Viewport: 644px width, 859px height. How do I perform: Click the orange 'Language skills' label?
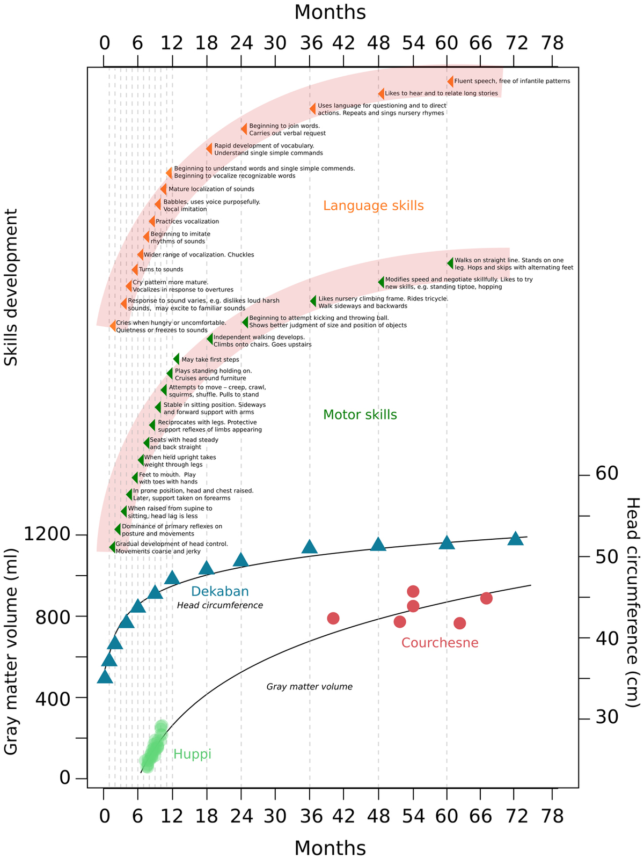coord(374,205)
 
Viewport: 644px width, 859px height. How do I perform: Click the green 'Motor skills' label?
coord(360,415)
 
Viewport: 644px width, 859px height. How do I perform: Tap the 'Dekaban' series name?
coord(220,592)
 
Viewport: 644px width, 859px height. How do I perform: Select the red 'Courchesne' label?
coord(440,643)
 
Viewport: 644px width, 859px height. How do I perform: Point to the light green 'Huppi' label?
coord(192,754)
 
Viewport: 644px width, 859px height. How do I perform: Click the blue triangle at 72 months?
coord(515,539)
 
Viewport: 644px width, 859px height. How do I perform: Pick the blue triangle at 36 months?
coord(310,547)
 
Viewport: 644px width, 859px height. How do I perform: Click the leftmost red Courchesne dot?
coord(333,618)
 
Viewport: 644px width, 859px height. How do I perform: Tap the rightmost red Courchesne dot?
coord(486,598)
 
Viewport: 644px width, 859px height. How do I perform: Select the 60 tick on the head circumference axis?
coord(606,474)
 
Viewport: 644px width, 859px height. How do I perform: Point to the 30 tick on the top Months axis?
coord(275,42)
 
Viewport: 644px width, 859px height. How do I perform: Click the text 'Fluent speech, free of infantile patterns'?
coord(512,82)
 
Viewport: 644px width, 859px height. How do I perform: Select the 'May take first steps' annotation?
coord(210,359)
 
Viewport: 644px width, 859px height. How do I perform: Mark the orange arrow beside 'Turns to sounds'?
coord(135,269)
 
